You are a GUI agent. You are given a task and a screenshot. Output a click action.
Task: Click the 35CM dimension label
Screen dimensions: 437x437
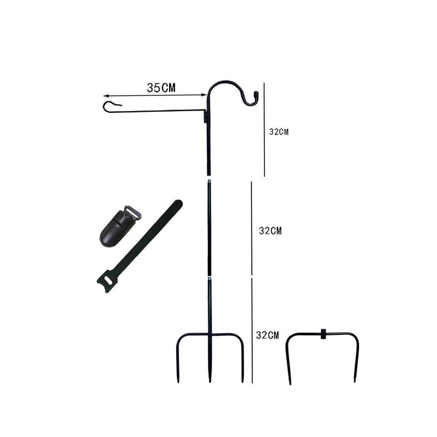161,88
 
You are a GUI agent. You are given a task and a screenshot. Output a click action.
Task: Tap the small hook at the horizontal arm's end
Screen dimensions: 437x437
110,106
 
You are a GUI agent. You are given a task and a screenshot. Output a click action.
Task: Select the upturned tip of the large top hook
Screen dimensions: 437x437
256,94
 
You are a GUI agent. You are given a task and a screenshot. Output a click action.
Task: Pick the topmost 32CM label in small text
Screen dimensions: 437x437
279,132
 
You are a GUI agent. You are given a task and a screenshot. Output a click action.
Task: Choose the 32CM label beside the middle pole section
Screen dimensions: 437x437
270,231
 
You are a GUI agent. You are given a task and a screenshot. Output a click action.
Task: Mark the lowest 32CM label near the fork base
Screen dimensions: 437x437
268,335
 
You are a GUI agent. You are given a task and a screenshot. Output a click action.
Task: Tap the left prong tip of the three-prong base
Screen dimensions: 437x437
178,380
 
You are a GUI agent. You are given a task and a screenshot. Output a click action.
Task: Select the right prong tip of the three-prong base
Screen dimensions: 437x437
242,380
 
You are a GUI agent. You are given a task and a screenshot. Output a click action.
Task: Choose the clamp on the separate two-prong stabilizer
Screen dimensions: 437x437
323,334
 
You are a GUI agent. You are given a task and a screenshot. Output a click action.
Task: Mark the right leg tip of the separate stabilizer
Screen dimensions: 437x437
355,380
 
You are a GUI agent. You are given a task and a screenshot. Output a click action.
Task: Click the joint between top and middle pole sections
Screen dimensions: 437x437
209,179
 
